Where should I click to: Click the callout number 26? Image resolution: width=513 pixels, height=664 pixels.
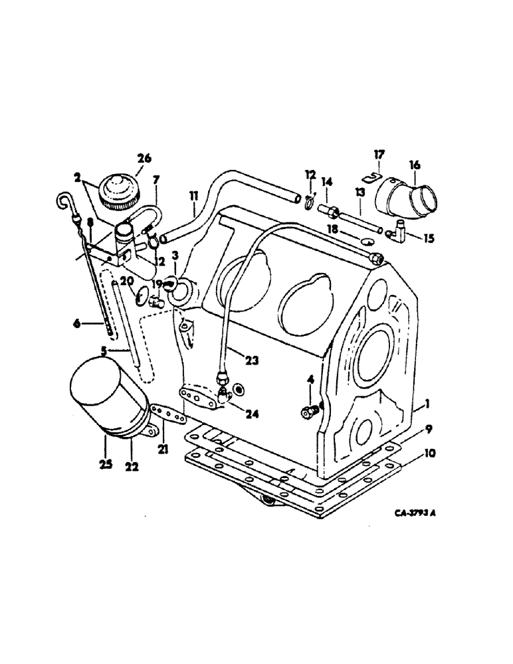click(144, 158)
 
